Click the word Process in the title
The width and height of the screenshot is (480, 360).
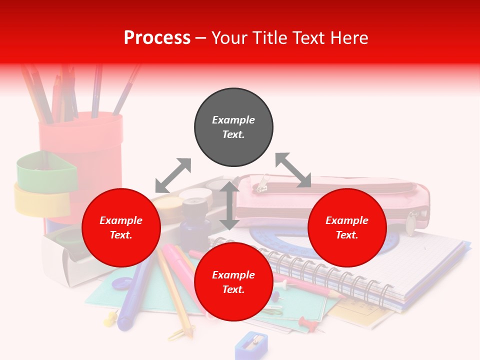pos(157,38)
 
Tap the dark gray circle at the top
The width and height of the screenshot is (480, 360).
pos(233,127)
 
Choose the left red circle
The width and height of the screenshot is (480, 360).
pos(121,227)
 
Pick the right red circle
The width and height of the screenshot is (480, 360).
pos(347,227)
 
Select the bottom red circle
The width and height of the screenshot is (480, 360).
pos(233,282)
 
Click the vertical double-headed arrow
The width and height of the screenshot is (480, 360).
pos(229,205)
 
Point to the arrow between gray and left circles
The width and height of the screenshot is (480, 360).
pos(173,175)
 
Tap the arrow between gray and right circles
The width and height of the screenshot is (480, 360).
pos(293,170)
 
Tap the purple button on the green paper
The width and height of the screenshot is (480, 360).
pos(121,283)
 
